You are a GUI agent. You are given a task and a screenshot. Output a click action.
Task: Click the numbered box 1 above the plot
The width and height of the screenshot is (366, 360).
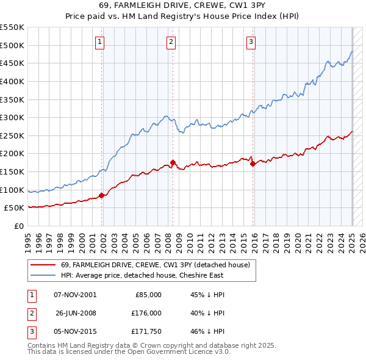coord(99,41)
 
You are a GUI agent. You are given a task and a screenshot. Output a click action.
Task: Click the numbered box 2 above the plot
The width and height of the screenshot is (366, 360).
coord(171,41)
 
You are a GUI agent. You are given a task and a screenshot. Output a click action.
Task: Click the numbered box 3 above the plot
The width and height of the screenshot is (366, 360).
coord(251,41)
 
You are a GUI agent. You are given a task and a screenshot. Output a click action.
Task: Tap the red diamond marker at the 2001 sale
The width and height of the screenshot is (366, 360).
coord(102,195)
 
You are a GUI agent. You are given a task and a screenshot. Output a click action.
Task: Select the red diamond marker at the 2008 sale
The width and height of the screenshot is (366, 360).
coord(173,162)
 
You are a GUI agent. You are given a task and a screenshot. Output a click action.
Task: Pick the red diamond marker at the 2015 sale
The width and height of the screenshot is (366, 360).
coord(253,164)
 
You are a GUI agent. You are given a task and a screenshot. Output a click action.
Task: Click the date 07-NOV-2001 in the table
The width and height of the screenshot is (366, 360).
coord(75,295)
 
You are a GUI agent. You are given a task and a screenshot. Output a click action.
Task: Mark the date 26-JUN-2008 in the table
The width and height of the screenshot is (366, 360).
coord(76,313)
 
